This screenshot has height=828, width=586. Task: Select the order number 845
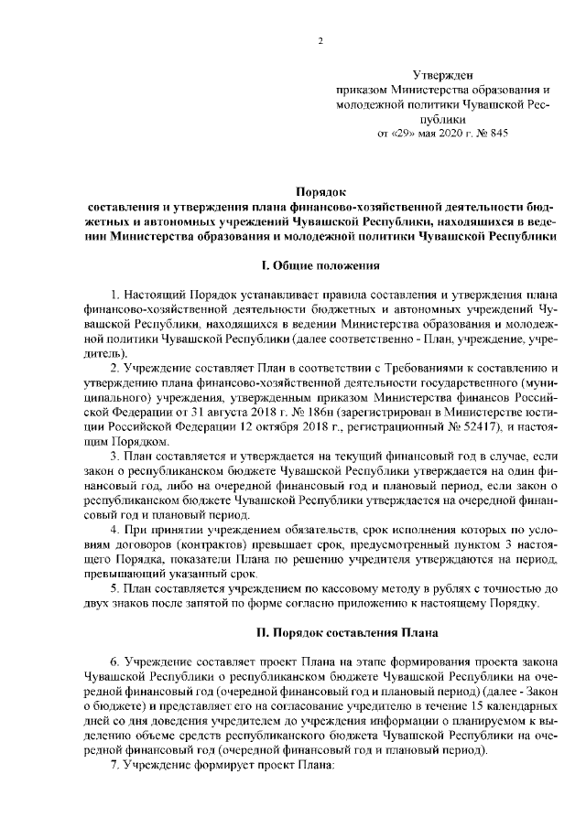pyautogui.click(x=495, y=133)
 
